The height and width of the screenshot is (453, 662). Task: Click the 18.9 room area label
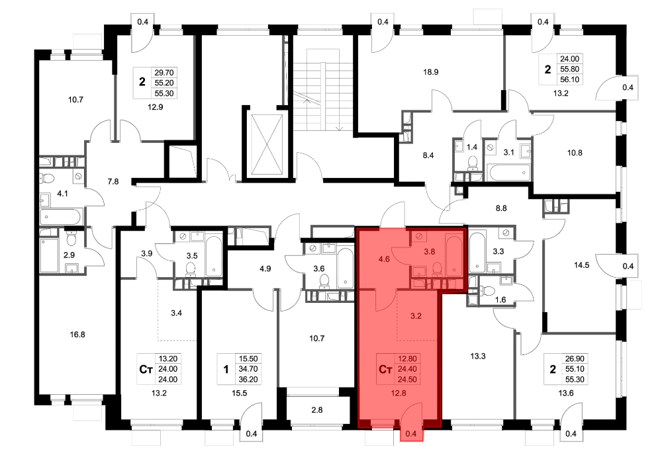pyautogui.click(x=431, y=72)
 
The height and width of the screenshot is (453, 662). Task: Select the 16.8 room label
pyautogui.click(x=77, y=335)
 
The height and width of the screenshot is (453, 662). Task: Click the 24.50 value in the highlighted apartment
pyautogui.click(x=407, y=379)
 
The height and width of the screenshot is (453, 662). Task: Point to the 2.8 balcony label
pyautogui.click(x=316, y=409)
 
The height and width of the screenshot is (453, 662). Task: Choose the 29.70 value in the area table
pyautogui.click(x=164, y=73)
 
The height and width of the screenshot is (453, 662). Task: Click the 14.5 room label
pyautogui.click(x=581, y=265)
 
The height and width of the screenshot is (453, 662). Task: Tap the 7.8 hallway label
pyautogui.click(x=113, y=182)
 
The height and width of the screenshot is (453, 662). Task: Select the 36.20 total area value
pyautogui.click(x=248, y=379)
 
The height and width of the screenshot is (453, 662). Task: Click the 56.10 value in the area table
pyautogui.click(x=569, y=79)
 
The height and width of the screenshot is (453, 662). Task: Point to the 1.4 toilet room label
pyautogui.click(x=471, y=147)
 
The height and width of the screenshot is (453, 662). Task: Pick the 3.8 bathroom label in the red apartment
pyautogui.click(x=430, y=252)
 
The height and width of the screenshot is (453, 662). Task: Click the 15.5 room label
pyautogui.click(x=240, y=393)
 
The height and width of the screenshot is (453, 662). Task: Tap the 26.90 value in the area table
pyautogui.click(x=575, y=358)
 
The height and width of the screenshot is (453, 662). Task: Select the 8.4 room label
pyautogui.click(x=428, y=155)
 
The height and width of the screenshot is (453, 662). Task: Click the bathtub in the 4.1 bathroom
pyautogui.click(x=60, y=217)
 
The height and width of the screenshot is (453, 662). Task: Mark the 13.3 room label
pyautogui.click(x=478, y=356)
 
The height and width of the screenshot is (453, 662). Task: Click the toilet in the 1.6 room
pyautogui.click(x=489, y=290)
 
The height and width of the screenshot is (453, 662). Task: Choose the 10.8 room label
pyautogui.click(x=575, y=153)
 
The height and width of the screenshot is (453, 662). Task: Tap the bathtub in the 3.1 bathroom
pyautogui.click(x=508, y=173)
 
